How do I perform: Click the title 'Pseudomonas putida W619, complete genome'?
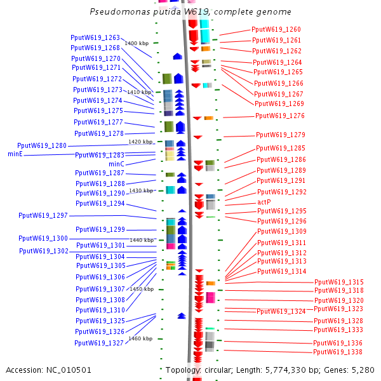[190, 12]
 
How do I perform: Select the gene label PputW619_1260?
[276, 29]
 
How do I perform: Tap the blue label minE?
[15, 154]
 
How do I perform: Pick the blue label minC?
[117, 164]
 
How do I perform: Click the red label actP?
[264, 202]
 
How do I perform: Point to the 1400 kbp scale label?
[137, 43]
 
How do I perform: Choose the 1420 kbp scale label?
[140, 142]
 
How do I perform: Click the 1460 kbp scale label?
[140, 338]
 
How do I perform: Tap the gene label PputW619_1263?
[95, 37]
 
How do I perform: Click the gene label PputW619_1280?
[42, 145]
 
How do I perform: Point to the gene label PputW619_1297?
[43, 216]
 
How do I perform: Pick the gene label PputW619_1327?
[99, 343]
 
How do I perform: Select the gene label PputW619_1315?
[339, 282]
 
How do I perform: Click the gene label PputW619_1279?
[281, 135]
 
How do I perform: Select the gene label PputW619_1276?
[280, 116]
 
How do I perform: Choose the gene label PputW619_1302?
[44, 251]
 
